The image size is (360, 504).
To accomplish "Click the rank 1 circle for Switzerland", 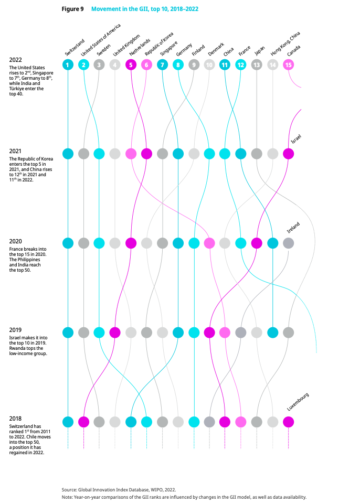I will (68, 65).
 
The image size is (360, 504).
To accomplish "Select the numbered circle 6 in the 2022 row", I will (146, 65).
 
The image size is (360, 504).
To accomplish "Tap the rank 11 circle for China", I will (225, 65).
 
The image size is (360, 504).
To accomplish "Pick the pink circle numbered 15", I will (288, 65).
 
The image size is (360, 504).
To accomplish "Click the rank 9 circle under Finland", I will (194, 65).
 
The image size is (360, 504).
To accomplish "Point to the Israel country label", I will (296, 140).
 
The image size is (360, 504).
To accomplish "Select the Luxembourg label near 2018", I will (298, 401).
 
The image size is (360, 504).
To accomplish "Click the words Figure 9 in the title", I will (72, 9).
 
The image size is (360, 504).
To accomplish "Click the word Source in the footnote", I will (69, 489).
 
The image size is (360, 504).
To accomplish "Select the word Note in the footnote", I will (67, 497).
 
